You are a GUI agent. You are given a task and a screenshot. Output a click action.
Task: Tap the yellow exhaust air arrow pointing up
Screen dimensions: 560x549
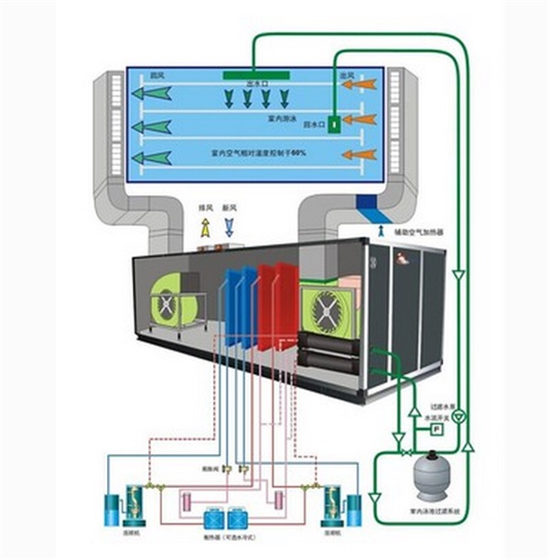[x=207, y=232]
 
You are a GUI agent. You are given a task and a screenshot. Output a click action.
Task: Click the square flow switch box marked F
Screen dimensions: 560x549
[x=437, y=426]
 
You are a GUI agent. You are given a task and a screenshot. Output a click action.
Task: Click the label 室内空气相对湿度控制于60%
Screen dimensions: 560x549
[x=258, y=153]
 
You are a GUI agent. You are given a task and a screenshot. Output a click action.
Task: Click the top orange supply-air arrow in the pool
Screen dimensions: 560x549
[x=360, y=85]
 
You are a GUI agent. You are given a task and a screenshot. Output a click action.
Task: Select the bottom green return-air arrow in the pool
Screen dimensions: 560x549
[x=153, y=156]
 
